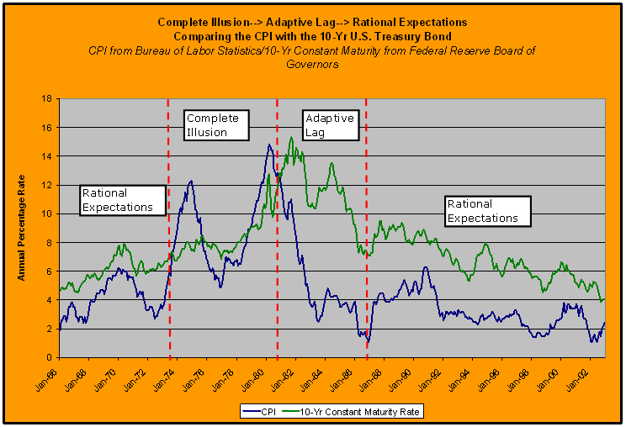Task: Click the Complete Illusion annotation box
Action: (216, 124)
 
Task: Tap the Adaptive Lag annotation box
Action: (330, 124)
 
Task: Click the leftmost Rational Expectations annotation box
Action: (117, 200)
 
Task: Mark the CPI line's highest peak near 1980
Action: (268, 145)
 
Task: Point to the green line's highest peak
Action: (291, 137)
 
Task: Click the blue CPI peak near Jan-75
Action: (191, 181)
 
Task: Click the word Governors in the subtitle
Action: (312, 64)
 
